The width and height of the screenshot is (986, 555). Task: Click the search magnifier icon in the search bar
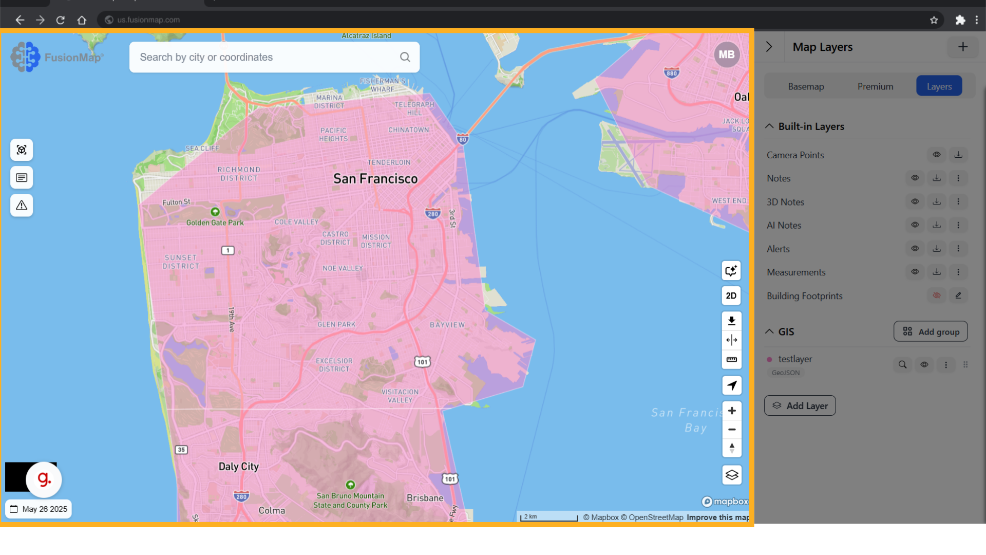click(x=405, y=57)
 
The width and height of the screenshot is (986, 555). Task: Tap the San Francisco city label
click(x=375, y=179)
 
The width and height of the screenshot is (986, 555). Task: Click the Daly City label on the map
click(x=239, y=467)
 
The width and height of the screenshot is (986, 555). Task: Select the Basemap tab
click(x=806, y=86)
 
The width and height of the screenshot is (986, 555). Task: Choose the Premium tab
click(x=875, y=86)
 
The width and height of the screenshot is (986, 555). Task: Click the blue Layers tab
click(x=939, y=86)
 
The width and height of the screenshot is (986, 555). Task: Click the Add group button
click(x=931, y=331)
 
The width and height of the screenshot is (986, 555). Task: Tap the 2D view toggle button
click(x=731, y=295)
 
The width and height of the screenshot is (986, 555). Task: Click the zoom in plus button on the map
click(x=732, y=411)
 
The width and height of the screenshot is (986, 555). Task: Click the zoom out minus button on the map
click(x=732, y=430)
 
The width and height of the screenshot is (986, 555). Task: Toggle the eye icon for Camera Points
click(x=937, y=155)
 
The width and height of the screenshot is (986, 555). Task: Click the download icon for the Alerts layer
click(x=937, y=249)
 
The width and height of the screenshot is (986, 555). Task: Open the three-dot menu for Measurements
click(x=958, y=272)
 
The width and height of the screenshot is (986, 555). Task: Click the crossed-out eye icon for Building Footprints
click(x=937, y=295)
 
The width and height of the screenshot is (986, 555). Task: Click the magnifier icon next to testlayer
click(x=902, y=365)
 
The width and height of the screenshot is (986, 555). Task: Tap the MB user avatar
click(x=726, y=54)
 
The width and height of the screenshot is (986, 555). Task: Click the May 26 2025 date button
click(x=39, y=509)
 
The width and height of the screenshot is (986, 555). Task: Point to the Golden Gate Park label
click(x=215, y=223)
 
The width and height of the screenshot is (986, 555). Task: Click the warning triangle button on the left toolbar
click(x=22, y=206)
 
